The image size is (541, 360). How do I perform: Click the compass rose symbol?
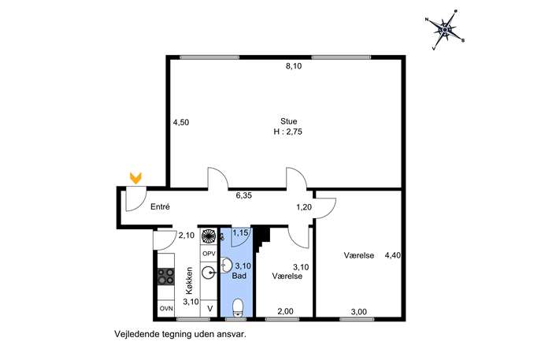click(445, 30)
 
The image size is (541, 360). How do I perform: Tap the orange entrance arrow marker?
click(135, 178)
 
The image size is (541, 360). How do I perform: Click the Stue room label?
click(288, 121)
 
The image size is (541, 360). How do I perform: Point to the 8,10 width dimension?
click(294, 66)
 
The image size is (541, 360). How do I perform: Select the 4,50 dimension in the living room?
click(181, 123)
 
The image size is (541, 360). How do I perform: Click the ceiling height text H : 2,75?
click(287, 132)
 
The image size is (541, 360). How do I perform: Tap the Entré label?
click(160, 207)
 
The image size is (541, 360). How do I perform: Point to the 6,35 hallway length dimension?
click(244, 195)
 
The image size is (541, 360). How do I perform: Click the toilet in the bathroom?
click(238, 307)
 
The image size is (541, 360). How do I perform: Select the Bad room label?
click(239, 276)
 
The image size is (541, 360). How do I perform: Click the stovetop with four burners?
click(166, 276)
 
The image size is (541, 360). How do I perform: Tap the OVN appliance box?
click(166, 309)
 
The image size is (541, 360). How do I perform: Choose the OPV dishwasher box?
click(209, 254)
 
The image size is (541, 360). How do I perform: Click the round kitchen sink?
click(209, 273)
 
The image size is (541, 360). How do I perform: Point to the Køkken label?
click(189, 280)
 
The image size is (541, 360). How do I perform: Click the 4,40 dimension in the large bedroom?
click(393, 256)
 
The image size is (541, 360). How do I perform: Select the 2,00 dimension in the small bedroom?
click(286, 312)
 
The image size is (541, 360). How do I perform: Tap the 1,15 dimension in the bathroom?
click(240, 233)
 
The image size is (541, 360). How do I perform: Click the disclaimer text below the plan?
click(180, 335)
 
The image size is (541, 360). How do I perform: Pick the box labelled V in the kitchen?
click(209, 309)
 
